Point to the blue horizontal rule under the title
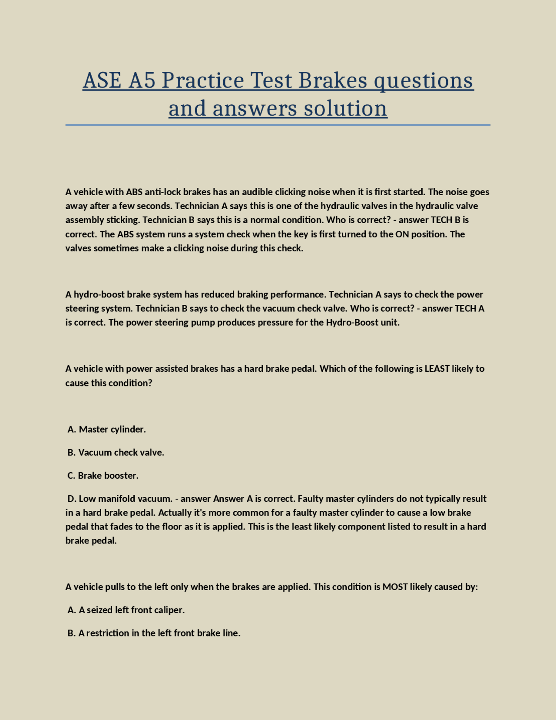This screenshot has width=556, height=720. click(278, 125)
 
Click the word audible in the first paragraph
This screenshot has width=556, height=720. click(257, 192)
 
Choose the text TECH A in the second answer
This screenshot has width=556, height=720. click(469, 308)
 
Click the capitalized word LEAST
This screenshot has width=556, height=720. click(437, 369)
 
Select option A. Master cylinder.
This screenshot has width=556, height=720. click(107, 430)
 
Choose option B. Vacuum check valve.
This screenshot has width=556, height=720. click(116, 453)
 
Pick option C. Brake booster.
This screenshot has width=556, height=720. click(103, 476)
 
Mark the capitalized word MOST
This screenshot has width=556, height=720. click(395, 587)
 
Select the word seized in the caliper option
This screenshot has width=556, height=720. click(99, 610)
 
